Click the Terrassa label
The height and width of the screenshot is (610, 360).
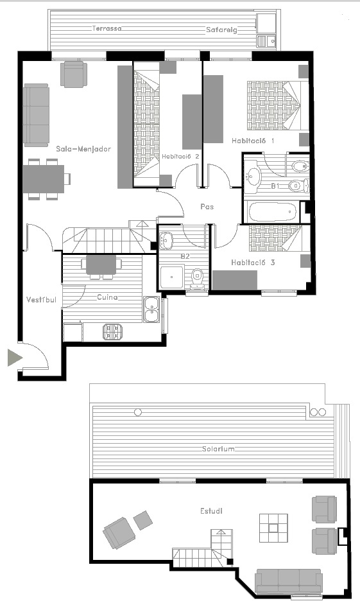point(107,28)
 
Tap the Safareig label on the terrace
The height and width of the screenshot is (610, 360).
point(221,30)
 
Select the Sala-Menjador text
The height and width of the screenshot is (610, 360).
point(83,149)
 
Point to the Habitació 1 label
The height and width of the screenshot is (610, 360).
point(253,141)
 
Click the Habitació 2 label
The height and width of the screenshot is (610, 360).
point(180,157)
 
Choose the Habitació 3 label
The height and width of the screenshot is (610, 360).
point(253,263)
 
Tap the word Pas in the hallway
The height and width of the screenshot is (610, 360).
point(207,207)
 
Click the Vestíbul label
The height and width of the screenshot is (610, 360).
point(41,300)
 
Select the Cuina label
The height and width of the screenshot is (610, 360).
point(107,297)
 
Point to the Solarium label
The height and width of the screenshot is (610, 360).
point(218,449)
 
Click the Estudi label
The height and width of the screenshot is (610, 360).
point(212,511)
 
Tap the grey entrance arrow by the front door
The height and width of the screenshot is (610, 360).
point(15,358)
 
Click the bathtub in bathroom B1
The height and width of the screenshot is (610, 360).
point(273,212)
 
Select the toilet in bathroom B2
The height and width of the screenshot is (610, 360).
point(198,279)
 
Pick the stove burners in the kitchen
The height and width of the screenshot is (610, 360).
point(113,332)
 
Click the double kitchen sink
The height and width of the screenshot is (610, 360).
point(151,309)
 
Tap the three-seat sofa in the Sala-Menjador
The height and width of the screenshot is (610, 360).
point(36,115)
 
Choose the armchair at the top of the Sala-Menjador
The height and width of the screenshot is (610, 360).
point(74,74)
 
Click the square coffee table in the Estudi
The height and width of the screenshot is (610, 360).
point(274,528)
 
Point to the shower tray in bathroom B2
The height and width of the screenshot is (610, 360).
point(172,277)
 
